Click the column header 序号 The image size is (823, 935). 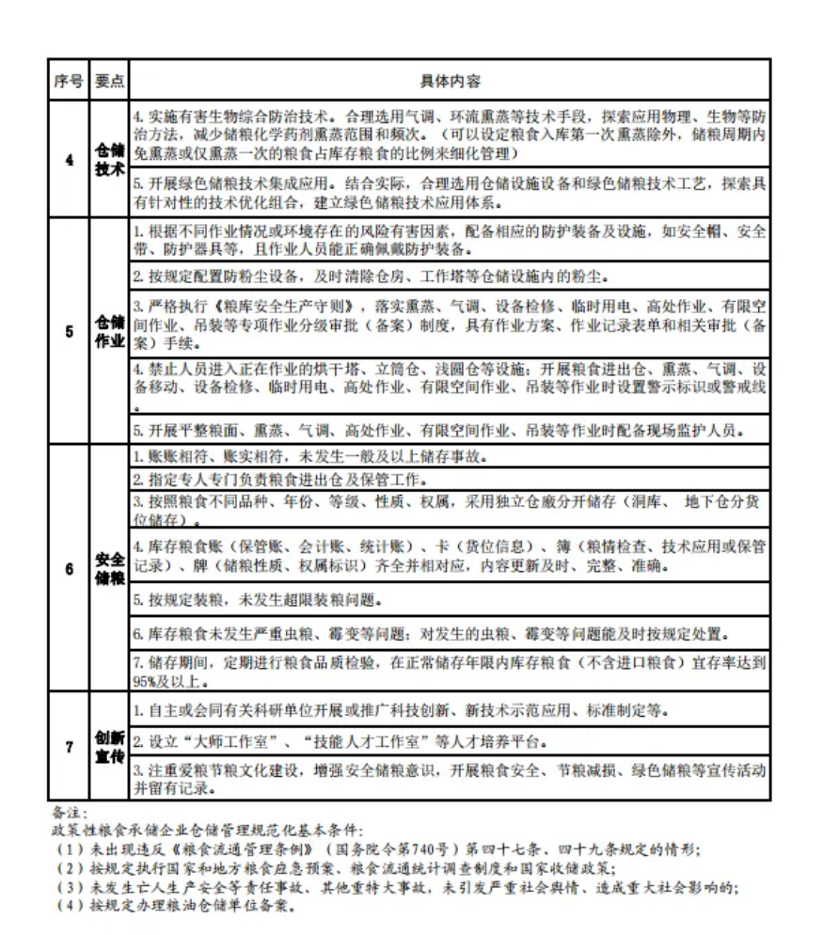69,82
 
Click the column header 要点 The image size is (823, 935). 109,82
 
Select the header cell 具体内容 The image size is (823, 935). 450,82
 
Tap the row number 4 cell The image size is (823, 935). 69,159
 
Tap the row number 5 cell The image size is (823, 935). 69,331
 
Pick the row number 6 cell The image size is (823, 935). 69,569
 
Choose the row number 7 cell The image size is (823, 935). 69,747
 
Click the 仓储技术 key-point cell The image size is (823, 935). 109,159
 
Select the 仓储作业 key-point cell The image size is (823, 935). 109,331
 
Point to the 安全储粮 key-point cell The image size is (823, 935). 109,569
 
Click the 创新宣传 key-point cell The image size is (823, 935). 109,747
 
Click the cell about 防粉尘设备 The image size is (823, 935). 450,277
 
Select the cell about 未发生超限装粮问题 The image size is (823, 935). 450,599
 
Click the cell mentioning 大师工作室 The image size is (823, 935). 450,740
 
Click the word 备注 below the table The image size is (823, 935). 68,812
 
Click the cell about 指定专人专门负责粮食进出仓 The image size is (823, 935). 450,479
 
